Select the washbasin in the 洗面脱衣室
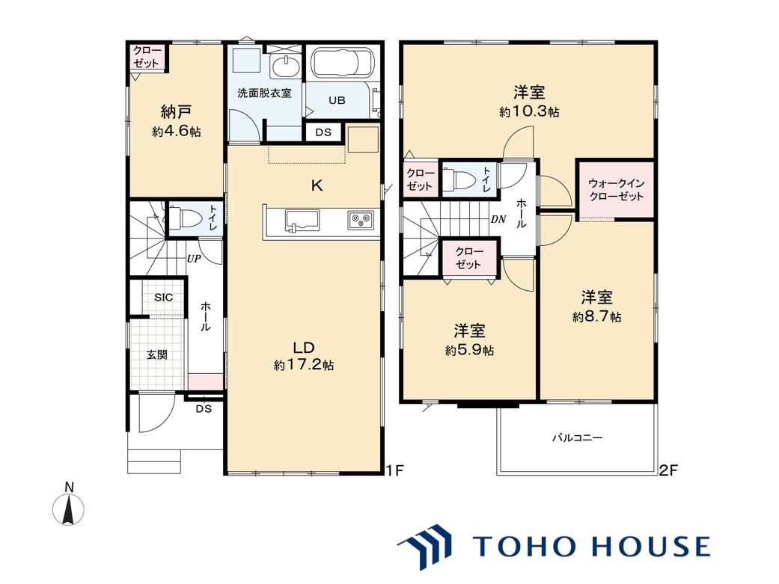[x=284, y=67]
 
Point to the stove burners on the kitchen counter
[x=361, y=220]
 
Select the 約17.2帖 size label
[x=304, y=366]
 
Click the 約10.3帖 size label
[x=529, y=111]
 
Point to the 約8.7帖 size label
[x=596, y=316]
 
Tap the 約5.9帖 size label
[x=469, y=350]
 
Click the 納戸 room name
[x=177, y=111]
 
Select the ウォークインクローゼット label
[x=616, y=190]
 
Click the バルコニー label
[x=577, y=438]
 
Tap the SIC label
[x=163, y=298]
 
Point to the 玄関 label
[x=157, y=354]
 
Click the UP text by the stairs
[x=194, y=259]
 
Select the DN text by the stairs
[x=498, y=219]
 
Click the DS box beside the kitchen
[x=323, y=132]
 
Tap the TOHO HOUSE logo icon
[x=425, y=546]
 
